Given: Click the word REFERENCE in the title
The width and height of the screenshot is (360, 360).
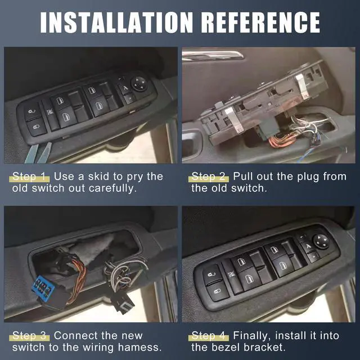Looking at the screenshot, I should [257, 21].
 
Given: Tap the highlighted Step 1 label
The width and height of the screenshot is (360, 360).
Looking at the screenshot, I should [31, 176].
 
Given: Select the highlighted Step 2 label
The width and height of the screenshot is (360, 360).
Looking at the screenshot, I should [210, 176].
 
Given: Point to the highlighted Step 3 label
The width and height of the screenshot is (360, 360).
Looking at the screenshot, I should [31, 336].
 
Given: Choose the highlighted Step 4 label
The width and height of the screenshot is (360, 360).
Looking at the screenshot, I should [210, 336].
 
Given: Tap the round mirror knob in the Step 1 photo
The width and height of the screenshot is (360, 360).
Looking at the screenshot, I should [139, 83].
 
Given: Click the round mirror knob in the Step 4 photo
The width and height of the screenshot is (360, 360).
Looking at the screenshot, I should [320, 240].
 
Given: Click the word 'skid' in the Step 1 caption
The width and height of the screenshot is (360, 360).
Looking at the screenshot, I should [100, 176].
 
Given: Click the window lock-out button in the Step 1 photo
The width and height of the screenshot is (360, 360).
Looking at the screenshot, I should [49, 112].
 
